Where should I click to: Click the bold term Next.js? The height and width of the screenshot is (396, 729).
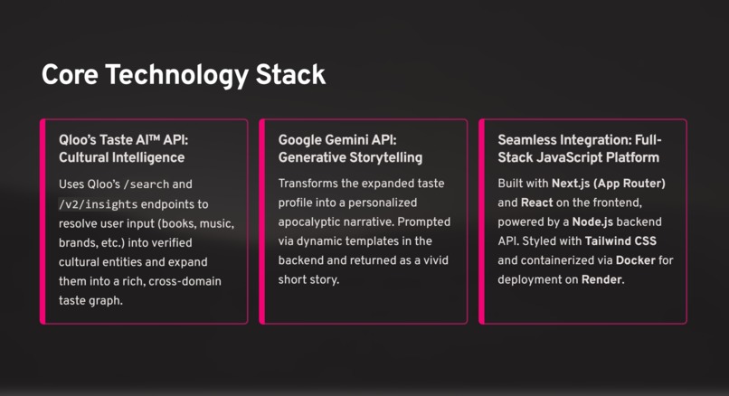[575, 184]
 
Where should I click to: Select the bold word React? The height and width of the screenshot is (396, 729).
[536, 203]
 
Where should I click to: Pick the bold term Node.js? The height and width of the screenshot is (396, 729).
[596, 222]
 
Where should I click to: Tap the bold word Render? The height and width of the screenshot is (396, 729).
[601, 280]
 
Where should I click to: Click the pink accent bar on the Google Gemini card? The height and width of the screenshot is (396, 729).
[262, 221]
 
